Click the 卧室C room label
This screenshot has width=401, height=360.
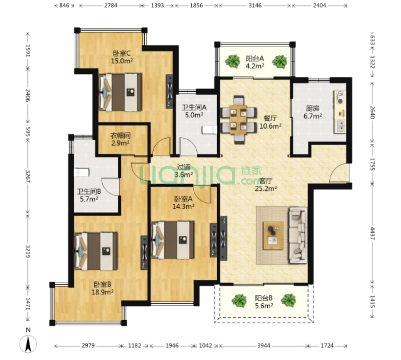point(122,53)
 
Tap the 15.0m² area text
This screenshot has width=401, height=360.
point(122,61)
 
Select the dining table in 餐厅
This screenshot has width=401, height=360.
point(238,120)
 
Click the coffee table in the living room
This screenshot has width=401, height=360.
point(273,236)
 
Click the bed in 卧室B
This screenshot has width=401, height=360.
point(96,251)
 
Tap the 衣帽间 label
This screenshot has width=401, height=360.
point(120,135)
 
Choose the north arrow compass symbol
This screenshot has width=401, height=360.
point(28,344)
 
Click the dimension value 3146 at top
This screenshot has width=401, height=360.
point(255,5)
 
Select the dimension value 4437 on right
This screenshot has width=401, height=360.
point(372,233)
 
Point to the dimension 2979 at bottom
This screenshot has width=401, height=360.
point(88,346)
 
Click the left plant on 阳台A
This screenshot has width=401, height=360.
point(233,61)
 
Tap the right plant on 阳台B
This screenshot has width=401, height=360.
point(289,300)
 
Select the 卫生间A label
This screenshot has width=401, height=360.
point(194,108)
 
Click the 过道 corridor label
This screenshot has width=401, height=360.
point(184,167)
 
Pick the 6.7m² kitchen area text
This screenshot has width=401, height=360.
point(313,116)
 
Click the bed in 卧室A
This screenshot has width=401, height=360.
point(172,240)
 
